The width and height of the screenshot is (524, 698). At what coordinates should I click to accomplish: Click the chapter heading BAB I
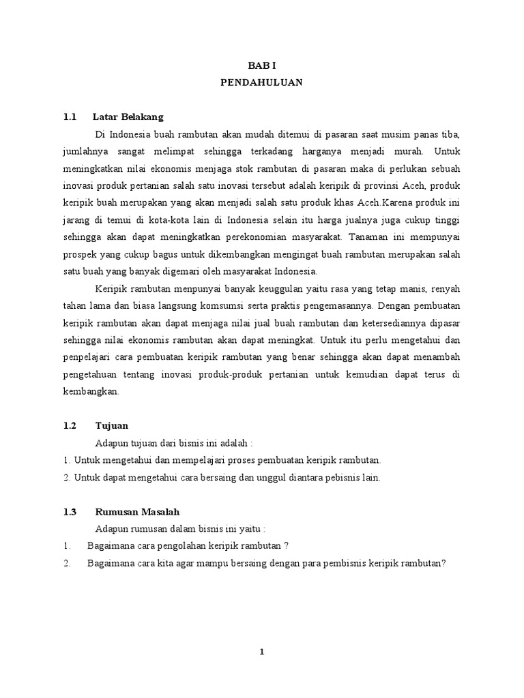(261, 65)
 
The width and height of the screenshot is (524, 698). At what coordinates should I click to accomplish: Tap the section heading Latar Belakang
(128, 117)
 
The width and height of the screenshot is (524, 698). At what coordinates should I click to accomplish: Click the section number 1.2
(69, 425)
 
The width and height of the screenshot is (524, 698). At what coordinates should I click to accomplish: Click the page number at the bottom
(261, 652)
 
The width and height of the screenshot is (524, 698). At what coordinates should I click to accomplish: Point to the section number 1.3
(69, 511)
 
